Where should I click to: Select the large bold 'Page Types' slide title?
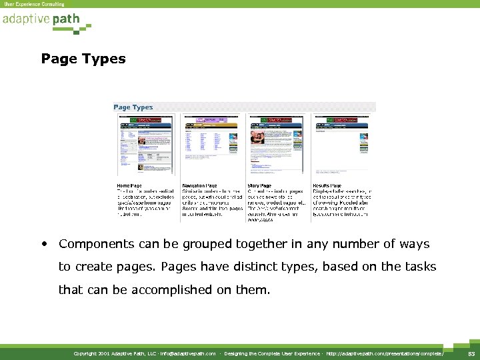point(83,59)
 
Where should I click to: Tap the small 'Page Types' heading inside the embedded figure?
point(133,107)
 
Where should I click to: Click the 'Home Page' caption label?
point(129,185)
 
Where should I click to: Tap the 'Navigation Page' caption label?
point(199,185)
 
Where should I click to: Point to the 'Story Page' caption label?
point(259,185)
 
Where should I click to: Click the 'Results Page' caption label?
point(327,185)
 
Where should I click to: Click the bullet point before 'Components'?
point(44,244)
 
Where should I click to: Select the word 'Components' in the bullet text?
point(97,245)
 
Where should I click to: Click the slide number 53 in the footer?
point(469,353)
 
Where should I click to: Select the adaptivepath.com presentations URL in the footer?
point(386,353)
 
